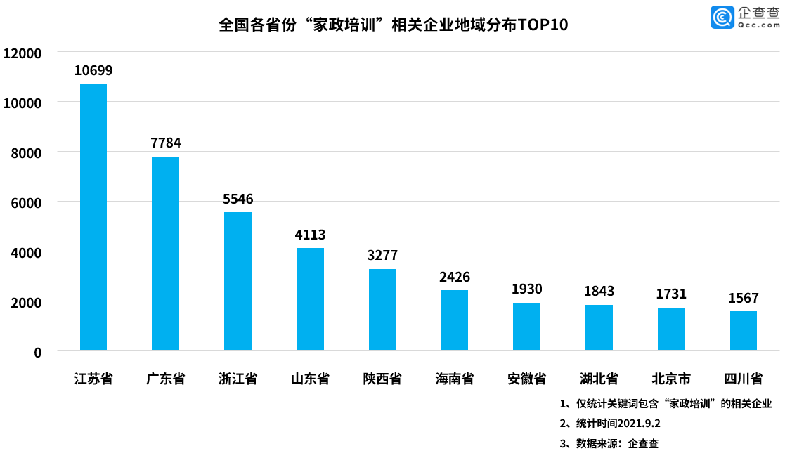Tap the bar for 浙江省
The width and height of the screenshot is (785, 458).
238,281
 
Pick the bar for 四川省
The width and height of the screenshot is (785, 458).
744,330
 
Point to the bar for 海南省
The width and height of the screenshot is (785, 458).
455,320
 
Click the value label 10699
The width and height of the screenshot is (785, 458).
93,70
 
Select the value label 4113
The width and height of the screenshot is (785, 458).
310,235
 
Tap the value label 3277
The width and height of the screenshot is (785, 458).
382,255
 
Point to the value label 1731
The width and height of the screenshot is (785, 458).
671,294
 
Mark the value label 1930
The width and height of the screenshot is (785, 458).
527,289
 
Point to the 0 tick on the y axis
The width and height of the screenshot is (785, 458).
38,352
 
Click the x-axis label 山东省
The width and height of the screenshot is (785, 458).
310,379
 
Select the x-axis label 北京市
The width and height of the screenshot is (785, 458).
671,379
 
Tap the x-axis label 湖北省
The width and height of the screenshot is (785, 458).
599,379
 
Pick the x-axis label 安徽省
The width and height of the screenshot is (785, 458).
527,379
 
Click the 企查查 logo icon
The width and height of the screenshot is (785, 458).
721,17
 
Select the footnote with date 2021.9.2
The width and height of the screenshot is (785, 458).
610,424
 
